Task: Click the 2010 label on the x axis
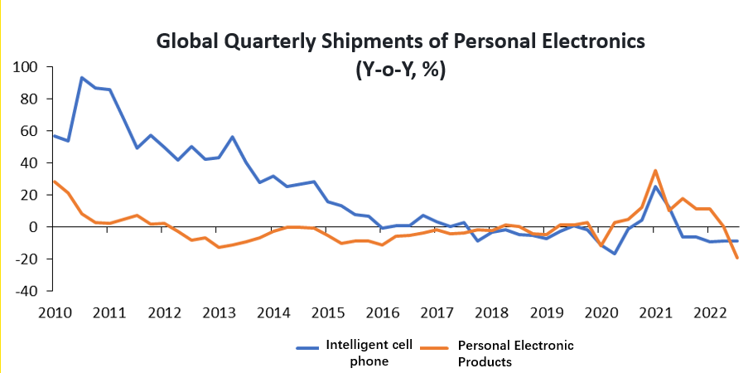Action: pos(53,313)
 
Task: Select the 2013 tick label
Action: pos(218,313)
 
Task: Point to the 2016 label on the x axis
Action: pos(382,313)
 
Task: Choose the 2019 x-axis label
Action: pos(546,313)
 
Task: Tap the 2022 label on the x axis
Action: pos(711,313)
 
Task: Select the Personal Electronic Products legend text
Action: pos(515,352)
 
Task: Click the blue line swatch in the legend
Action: pos(308,346)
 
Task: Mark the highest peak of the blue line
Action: pos(81,78)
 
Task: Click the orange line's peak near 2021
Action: pos(655,171)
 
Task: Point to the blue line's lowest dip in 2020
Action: pos(615,254)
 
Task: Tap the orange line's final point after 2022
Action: pos(736,258)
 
